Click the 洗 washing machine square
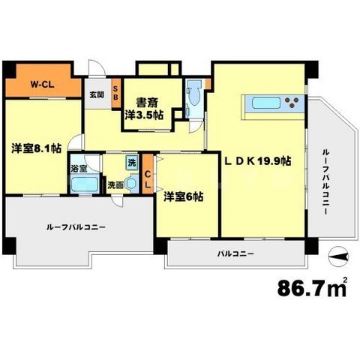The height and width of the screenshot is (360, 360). pyautogui.click(x=132, y=162)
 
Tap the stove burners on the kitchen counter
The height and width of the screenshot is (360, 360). pyautogui.click(x=295, y=103)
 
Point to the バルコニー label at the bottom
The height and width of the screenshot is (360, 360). pyautogui.click(x=236, y=253)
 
